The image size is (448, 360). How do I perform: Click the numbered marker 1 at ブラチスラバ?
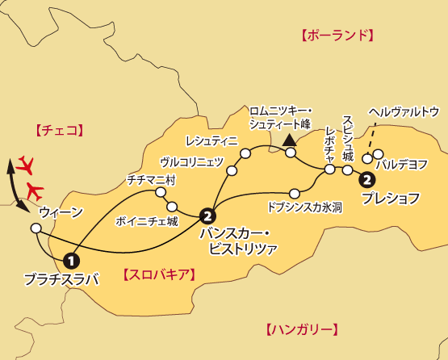click(71, 260)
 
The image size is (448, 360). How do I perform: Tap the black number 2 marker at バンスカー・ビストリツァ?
click(208, 216)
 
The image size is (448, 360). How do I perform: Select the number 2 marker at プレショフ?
click(367, 179)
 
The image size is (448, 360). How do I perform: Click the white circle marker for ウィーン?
click(36, 229)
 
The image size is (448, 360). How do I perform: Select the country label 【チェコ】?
click(60, 129)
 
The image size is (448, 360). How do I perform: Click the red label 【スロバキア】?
click(158, 274)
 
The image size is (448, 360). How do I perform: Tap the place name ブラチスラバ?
click(61, 280)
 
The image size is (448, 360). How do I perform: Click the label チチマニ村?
click(151, 181)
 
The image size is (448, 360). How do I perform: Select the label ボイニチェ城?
click(147, 220)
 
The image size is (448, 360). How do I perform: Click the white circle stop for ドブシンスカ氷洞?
click(295, 193)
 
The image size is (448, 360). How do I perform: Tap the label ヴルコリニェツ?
click(191, 161)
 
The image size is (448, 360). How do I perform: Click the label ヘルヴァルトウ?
click(403, 111)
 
